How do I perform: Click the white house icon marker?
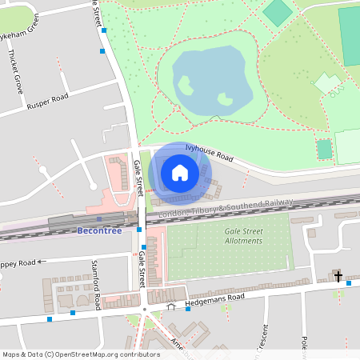[180, 172]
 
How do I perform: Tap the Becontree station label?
[100, 230]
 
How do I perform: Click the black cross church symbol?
[338, 277]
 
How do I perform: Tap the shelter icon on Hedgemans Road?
[170, 306]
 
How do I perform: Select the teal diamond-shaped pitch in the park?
[278, 12]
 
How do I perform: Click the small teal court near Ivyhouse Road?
[323, 149]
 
